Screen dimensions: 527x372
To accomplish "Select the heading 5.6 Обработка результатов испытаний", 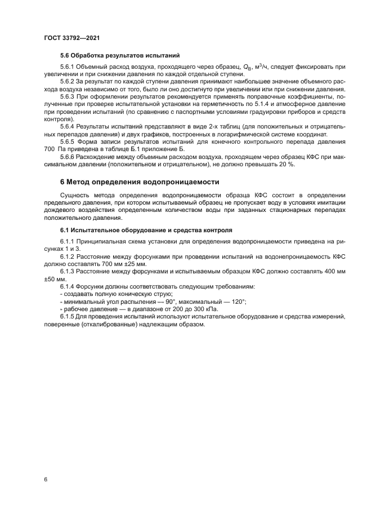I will pyautogui.click(x=119, y=56).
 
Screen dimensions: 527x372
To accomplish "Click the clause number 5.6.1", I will pyautogui.click(x=68, y=67).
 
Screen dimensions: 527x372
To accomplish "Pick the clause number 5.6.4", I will pyautogui.click(x=68, y=126).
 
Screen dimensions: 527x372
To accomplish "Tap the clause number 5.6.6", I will pyautogui.click(x=68, y=157).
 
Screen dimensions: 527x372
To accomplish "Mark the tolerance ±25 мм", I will pyautogui.click(x=132, y=264).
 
